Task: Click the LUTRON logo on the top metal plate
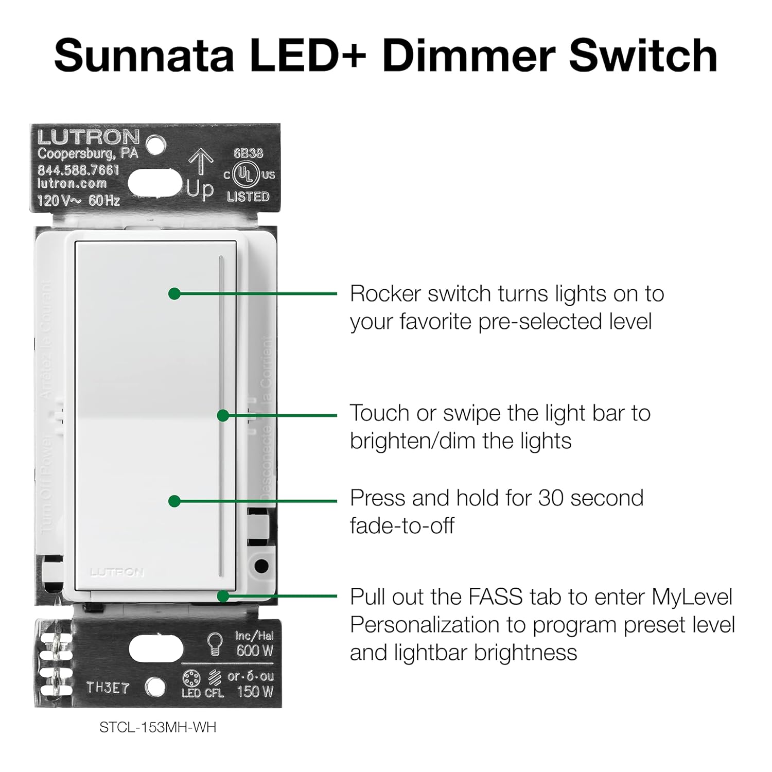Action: pyautogui.click(x=89, y=137)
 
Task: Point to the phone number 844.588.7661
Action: pyautogui.click(x=78, y=170)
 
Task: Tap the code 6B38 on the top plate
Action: pyautogui.click(x=248, y=153)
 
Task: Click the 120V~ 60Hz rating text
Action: pyautogui.click(x=78, y=200)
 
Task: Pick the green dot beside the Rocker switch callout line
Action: pyautogui.click(x=174, y=294)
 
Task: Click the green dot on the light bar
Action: pyautogui.click(x=223, y=415)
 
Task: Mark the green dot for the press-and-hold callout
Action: pyautogui.click(x=174, y=501)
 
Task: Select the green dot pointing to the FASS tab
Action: pyautogui.click(x=223, y=596)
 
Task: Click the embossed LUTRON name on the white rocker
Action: pyautogui.click(x=117, y=572)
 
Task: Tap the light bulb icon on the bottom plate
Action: pyautogui.click(x=214, y=644)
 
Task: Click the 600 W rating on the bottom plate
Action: pyautogui.click(x=254, y=651)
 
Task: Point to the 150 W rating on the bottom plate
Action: pyautogui.click(x=255, y=692)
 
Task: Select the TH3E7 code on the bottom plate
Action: pyautogui.click(x=108, y=688)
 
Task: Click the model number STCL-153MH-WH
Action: pyautogui.click(x=158, y=727)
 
